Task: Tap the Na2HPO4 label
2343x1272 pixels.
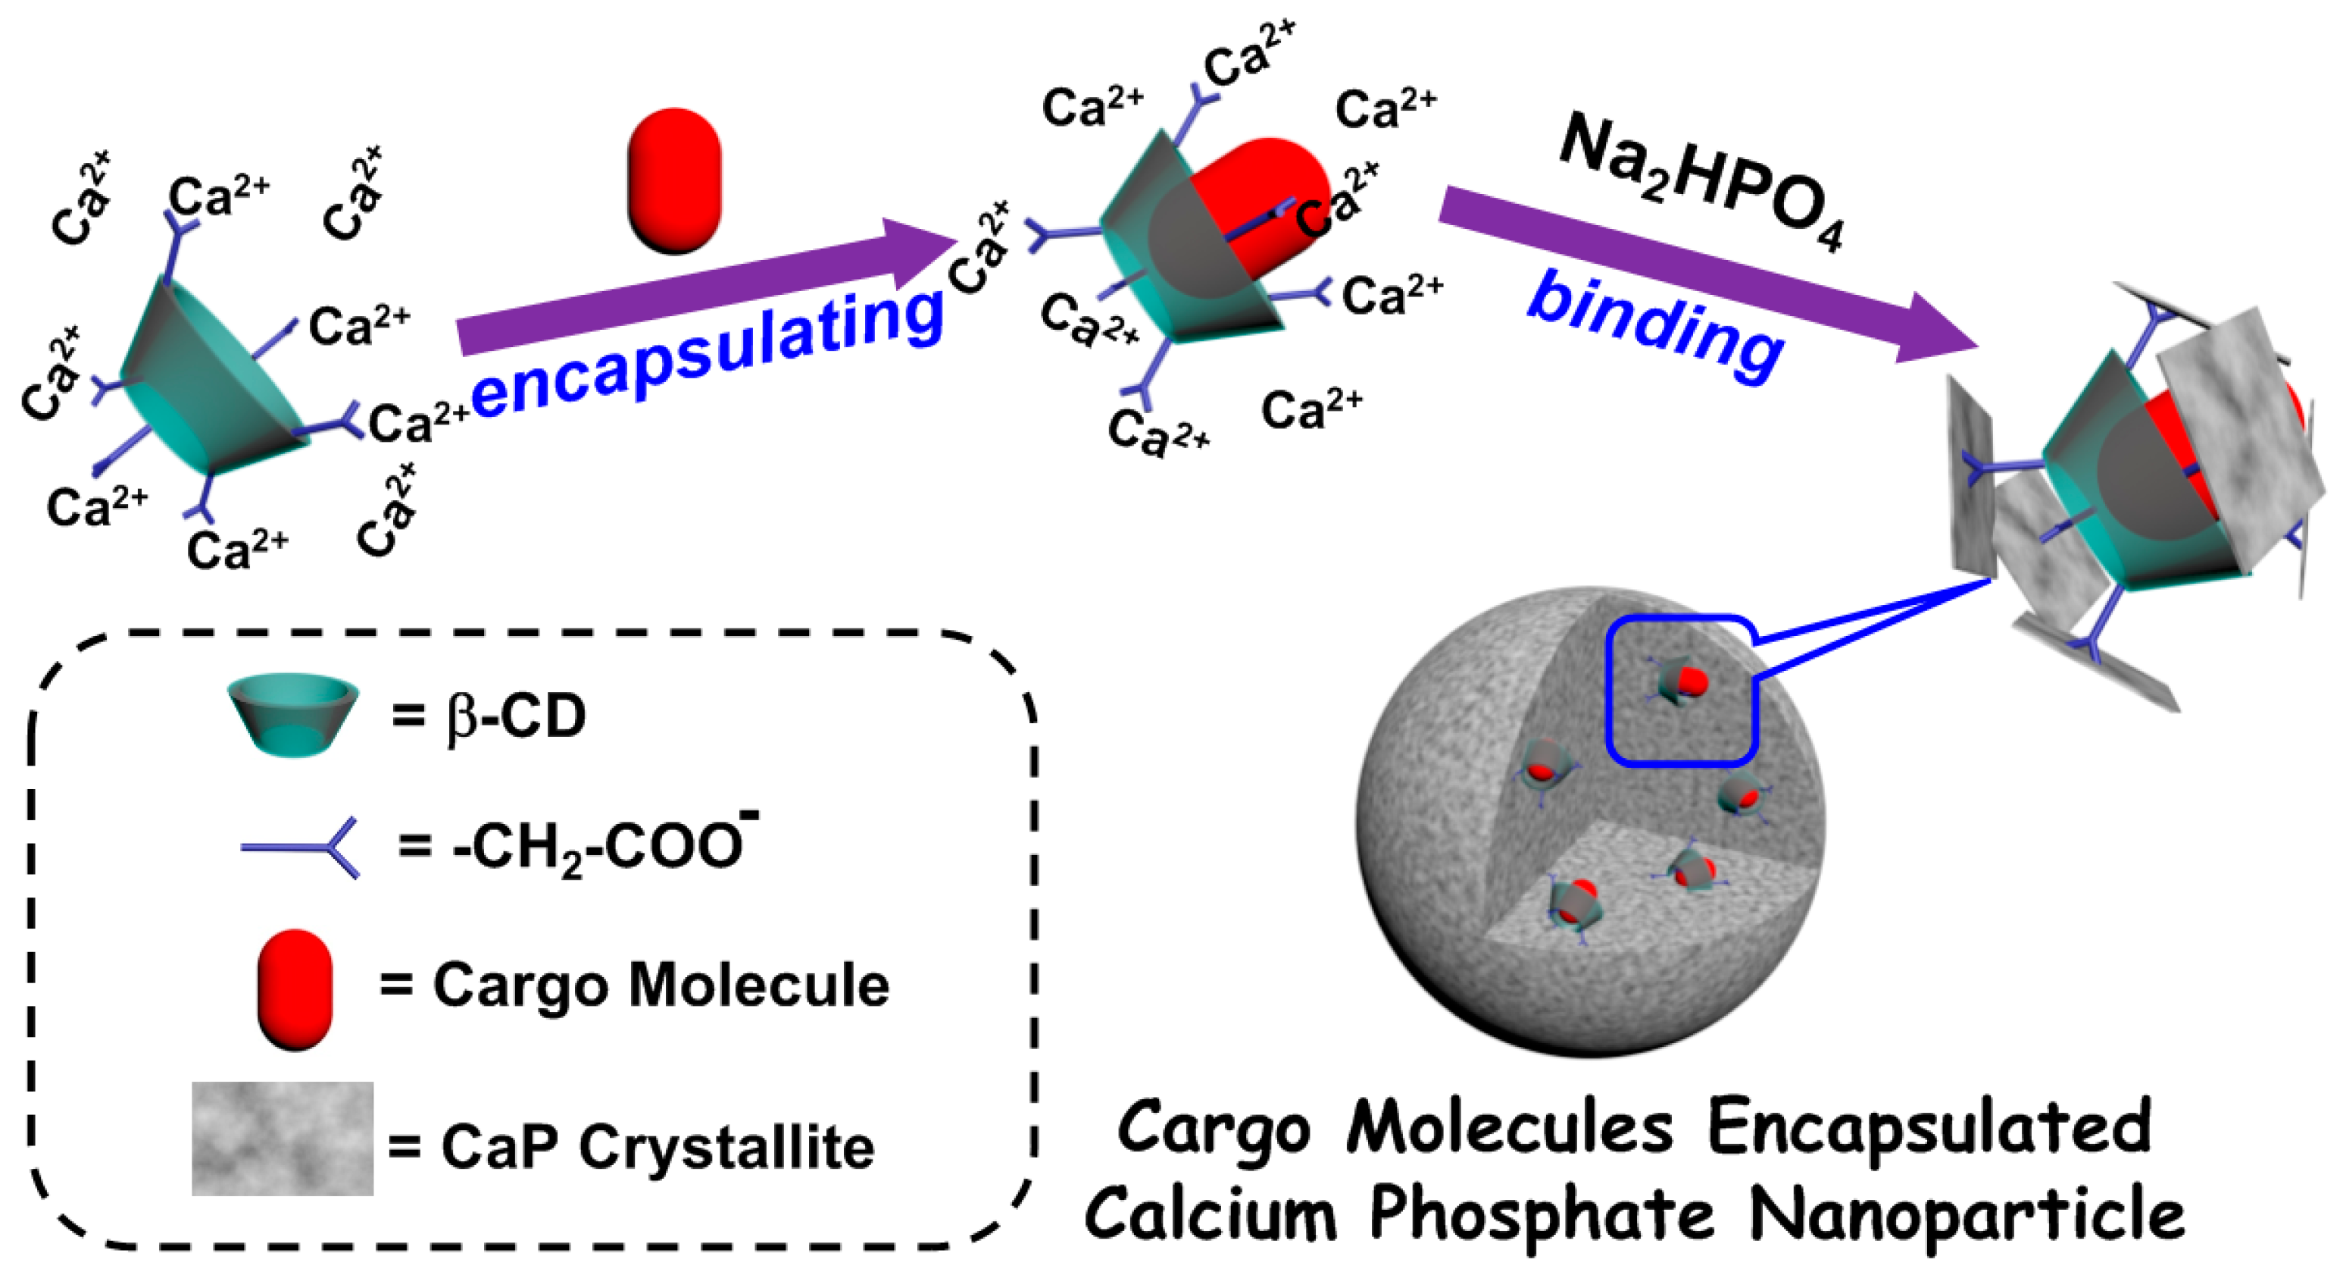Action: click(x=1701, y=182)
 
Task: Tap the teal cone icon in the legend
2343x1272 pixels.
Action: click(x=293, y=714)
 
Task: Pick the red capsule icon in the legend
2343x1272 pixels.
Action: click(x=295, y=989)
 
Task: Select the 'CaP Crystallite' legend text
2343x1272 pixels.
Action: click(x=657, y=1145)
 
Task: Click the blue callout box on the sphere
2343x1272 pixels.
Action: click(x=1682, y=691)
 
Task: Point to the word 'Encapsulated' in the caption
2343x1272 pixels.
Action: click(x=1928, y=1128)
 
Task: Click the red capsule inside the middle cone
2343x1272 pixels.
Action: click(x=1264, y=205)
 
